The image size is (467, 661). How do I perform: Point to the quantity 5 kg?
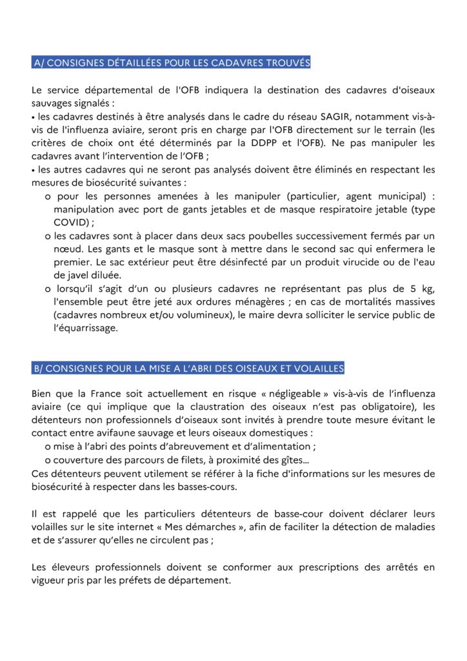point(424,289)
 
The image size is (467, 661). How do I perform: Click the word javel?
point(73,275)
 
